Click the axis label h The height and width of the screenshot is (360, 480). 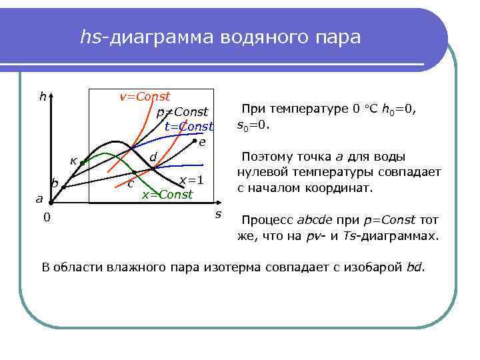tap(42, 97)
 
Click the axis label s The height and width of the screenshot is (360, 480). tap(217, 213)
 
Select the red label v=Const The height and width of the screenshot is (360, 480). tap(144, 97)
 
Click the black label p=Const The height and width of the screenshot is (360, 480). tap(183, 111)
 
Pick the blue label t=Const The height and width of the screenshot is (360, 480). tap(189, 126)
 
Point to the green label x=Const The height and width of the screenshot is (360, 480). tap(167, 194)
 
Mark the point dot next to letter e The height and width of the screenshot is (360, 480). tap(194, 143)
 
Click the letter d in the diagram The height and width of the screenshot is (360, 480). tap(153, 157)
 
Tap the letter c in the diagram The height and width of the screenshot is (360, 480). tap(131, 183)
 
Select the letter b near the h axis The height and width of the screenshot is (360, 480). tap(55, 183)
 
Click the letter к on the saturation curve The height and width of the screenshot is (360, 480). tap(74, 161)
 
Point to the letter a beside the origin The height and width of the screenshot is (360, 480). tap(39, 198)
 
